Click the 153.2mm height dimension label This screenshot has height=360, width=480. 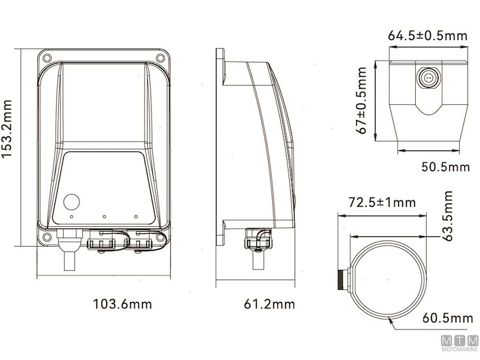pos(7,129)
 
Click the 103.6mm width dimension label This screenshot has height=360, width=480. pos(122,304)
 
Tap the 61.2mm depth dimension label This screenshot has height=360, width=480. pos(269,304)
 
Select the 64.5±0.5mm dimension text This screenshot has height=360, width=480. pos(428,35)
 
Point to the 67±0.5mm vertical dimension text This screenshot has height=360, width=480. pos(362,100)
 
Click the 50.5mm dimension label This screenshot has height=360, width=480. pos(445,167)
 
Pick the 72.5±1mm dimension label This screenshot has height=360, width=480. pos(382,202)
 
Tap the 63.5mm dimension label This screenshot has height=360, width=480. pos(448,216)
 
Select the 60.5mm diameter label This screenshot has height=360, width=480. pos(448,318)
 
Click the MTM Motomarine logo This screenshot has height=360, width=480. pos(460,343)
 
